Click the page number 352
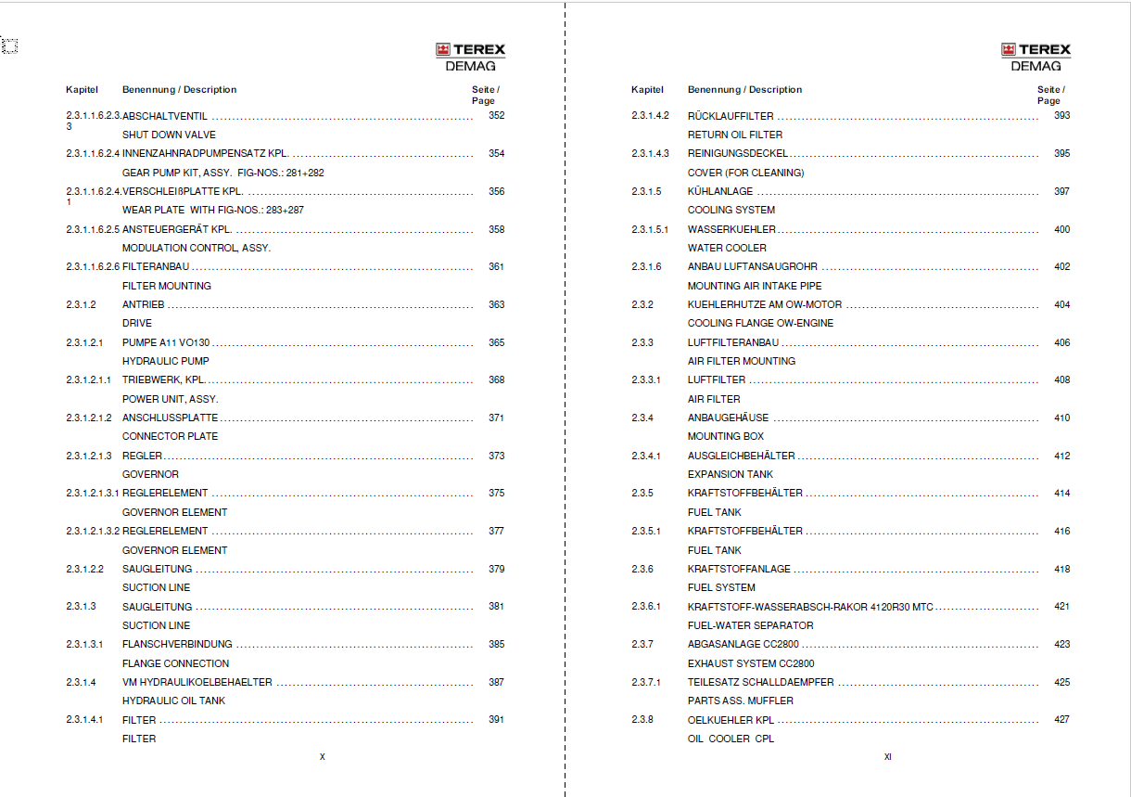coord(496,116)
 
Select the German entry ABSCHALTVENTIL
coord(165,116)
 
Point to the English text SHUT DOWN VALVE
coord(169,135)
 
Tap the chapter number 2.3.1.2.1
coord(84,342)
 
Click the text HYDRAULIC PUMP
coord(166,361)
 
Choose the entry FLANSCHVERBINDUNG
coord(177,644)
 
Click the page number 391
coord(496,719)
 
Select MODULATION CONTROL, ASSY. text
coord(197,248)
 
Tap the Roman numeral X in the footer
coord(323,757)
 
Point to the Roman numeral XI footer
coord(887,757)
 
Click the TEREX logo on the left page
coord(470,50)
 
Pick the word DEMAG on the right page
coord(1036,66)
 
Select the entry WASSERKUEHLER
coord(731,229)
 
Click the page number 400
coord(1061,229)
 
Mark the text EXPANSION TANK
coord(730,474)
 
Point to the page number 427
coord(1061,719)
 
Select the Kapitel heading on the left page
coord(82,90)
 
